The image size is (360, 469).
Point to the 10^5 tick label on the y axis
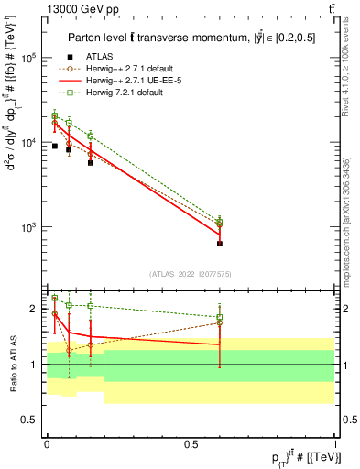pyautogui.click(x=27, y=57)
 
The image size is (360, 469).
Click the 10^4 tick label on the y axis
pyautogui.click(x=27, y=142)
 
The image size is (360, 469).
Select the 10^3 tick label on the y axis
pyautogui.click(x=27, y=227)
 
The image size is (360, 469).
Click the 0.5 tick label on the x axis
pyautogui.click(x=190, y=444)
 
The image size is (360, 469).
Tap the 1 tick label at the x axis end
pyautogui.click(x=334, y=444)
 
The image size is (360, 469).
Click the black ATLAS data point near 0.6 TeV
pyautogui.click(x=220, y=244)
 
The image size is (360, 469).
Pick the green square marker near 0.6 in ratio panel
pyautogui.click(x=220, y=318)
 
